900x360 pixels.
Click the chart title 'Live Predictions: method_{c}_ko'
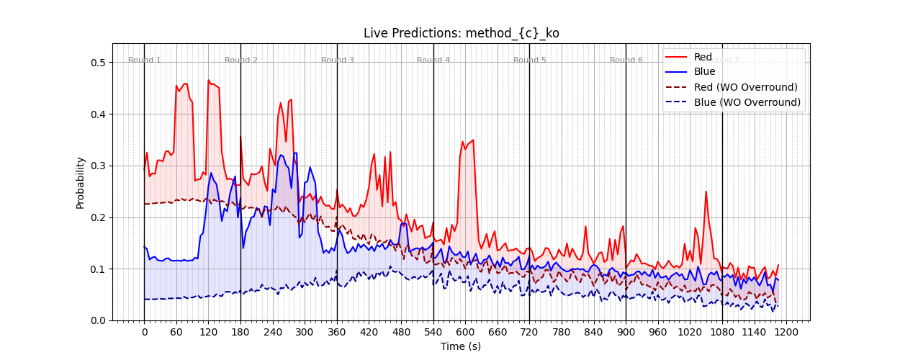click(x=461, y=33)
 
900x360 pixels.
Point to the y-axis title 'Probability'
click(x=81, y=183)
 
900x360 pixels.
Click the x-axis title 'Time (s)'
click(x=461, y=346)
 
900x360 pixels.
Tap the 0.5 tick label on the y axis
click(x=98, y=63)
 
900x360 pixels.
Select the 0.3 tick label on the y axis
click(x=98, y=166)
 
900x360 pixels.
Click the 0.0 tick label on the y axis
click(x=98, y=320)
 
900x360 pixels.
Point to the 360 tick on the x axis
click(x=337, y=333)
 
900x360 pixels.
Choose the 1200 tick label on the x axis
click(x=786, y=333)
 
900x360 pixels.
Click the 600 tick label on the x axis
click(x=465, y=333)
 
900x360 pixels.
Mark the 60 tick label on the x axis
click(x=176, y=333)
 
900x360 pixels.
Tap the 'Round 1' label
click(x=145, y=60)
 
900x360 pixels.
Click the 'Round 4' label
click(x=433, y=60)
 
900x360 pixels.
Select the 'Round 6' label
click(x=626, y=60)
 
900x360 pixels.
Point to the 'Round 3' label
click(x=337, y=60)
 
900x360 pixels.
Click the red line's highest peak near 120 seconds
click(x=208, y=81)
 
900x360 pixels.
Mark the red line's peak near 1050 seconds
click(x=706, y=192)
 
